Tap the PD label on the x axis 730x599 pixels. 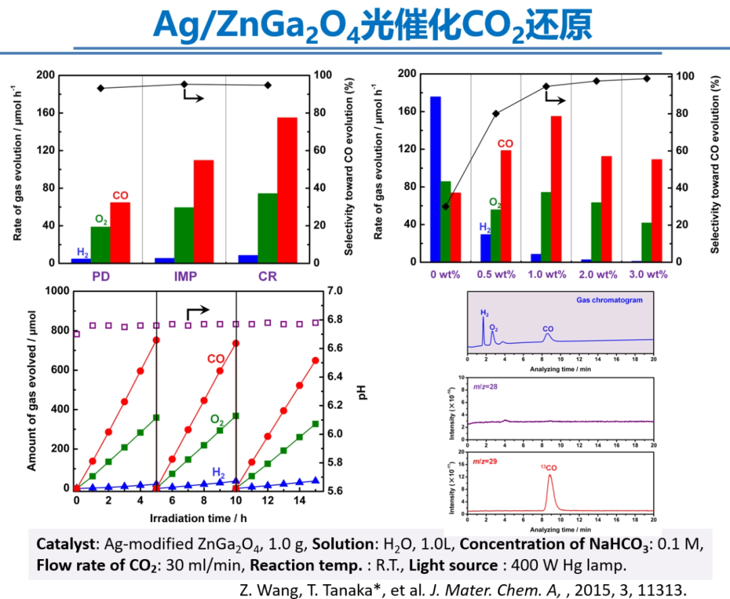click(101, 277)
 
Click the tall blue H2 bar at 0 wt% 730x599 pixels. click(435, 179)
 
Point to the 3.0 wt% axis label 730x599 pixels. click(648, 274)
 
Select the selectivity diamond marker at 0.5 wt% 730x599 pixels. click(496, 114)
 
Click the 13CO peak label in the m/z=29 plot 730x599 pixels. click(548, 467)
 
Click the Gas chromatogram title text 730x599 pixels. click(609, 299)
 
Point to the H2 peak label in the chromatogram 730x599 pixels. click(485, 312)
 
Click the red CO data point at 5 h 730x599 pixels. click(156, 340)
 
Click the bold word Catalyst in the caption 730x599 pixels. click(61, 544)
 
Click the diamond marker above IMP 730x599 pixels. click(184, 85)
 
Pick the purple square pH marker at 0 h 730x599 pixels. click(76, 334)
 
